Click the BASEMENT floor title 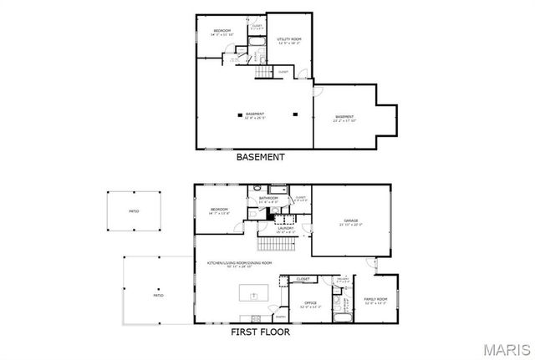[x=260, y=157]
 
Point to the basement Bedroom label [x=222, y=32]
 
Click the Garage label [x=350, y=222]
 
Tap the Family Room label [x=375, y=299]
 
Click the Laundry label [x=285, y=229]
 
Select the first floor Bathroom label [x=268, y=199]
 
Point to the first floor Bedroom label [x=219, y=210]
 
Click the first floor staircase [x=270, y=246]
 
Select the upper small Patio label [x=133, y=212]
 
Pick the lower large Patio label [x=158, y=295]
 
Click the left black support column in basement [x=239, y=114]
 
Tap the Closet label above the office [x=303, y=278]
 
